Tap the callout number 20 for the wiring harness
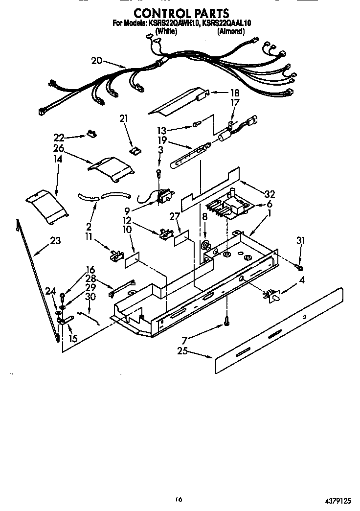(97, 61)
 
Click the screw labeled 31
(300, 267)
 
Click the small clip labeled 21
(133, 149)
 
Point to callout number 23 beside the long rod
(56, 240)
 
